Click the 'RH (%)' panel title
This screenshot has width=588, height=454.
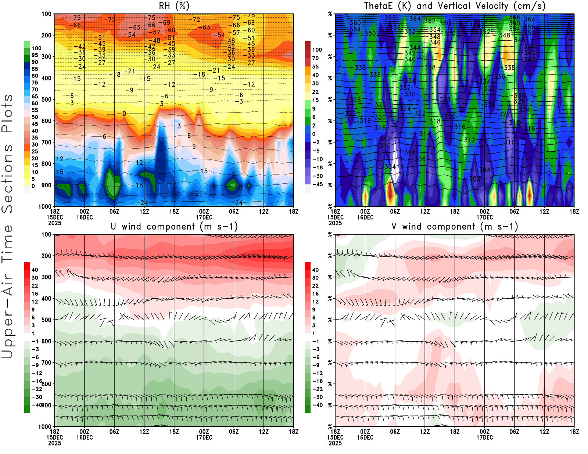(174, 6)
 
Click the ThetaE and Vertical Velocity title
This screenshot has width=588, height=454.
(455, 6)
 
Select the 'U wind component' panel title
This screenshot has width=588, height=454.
(174, 227)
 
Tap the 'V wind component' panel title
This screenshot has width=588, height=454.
(455, 227)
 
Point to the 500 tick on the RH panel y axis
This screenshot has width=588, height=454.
(46, 100)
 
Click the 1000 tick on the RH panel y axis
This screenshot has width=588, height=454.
(45, 206)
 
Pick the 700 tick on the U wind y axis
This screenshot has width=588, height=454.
(46, 363)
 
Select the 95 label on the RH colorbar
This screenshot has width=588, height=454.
(35, 55)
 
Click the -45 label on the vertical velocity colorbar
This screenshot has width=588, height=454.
(317, 184)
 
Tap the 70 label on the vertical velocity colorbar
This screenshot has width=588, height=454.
(315, 58)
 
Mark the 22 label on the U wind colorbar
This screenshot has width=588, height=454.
(35, 286)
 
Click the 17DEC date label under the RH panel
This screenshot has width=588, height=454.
(204, 217)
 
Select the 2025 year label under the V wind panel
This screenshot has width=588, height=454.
(335, 443)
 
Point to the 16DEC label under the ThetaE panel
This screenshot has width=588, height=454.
(365, 217)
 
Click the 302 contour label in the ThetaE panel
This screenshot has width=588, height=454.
(475, 179)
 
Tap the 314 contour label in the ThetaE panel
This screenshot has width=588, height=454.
(425, 134)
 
